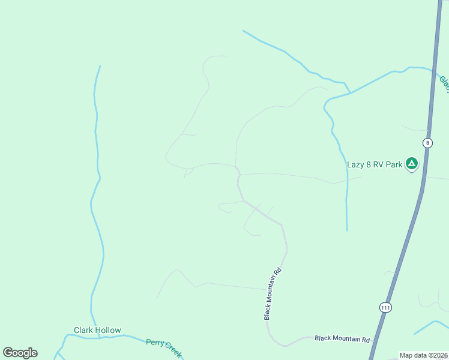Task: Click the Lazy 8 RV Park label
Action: (x=375, y=164)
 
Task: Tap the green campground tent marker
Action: (x=411, y=163)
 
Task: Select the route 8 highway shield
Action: (x=427, y=143)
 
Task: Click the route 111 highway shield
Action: (x=385, y=307)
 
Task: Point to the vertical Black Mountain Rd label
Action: (x=273, y=293)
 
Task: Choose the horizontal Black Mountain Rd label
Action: (x=342, y=339)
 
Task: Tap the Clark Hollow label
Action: (x=97, y=330)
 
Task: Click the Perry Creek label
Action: (x=163, y=347)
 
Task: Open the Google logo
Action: (x=20, y=353)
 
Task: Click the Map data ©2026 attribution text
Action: (x=423, y=355)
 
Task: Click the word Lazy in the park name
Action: (x=355, y=164)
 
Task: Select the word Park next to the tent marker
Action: (x=393, y=164)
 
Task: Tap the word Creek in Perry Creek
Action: (x=172, y=350)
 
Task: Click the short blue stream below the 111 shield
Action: (x=431, y=327)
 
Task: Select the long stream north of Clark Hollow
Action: (x=96, y=198)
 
